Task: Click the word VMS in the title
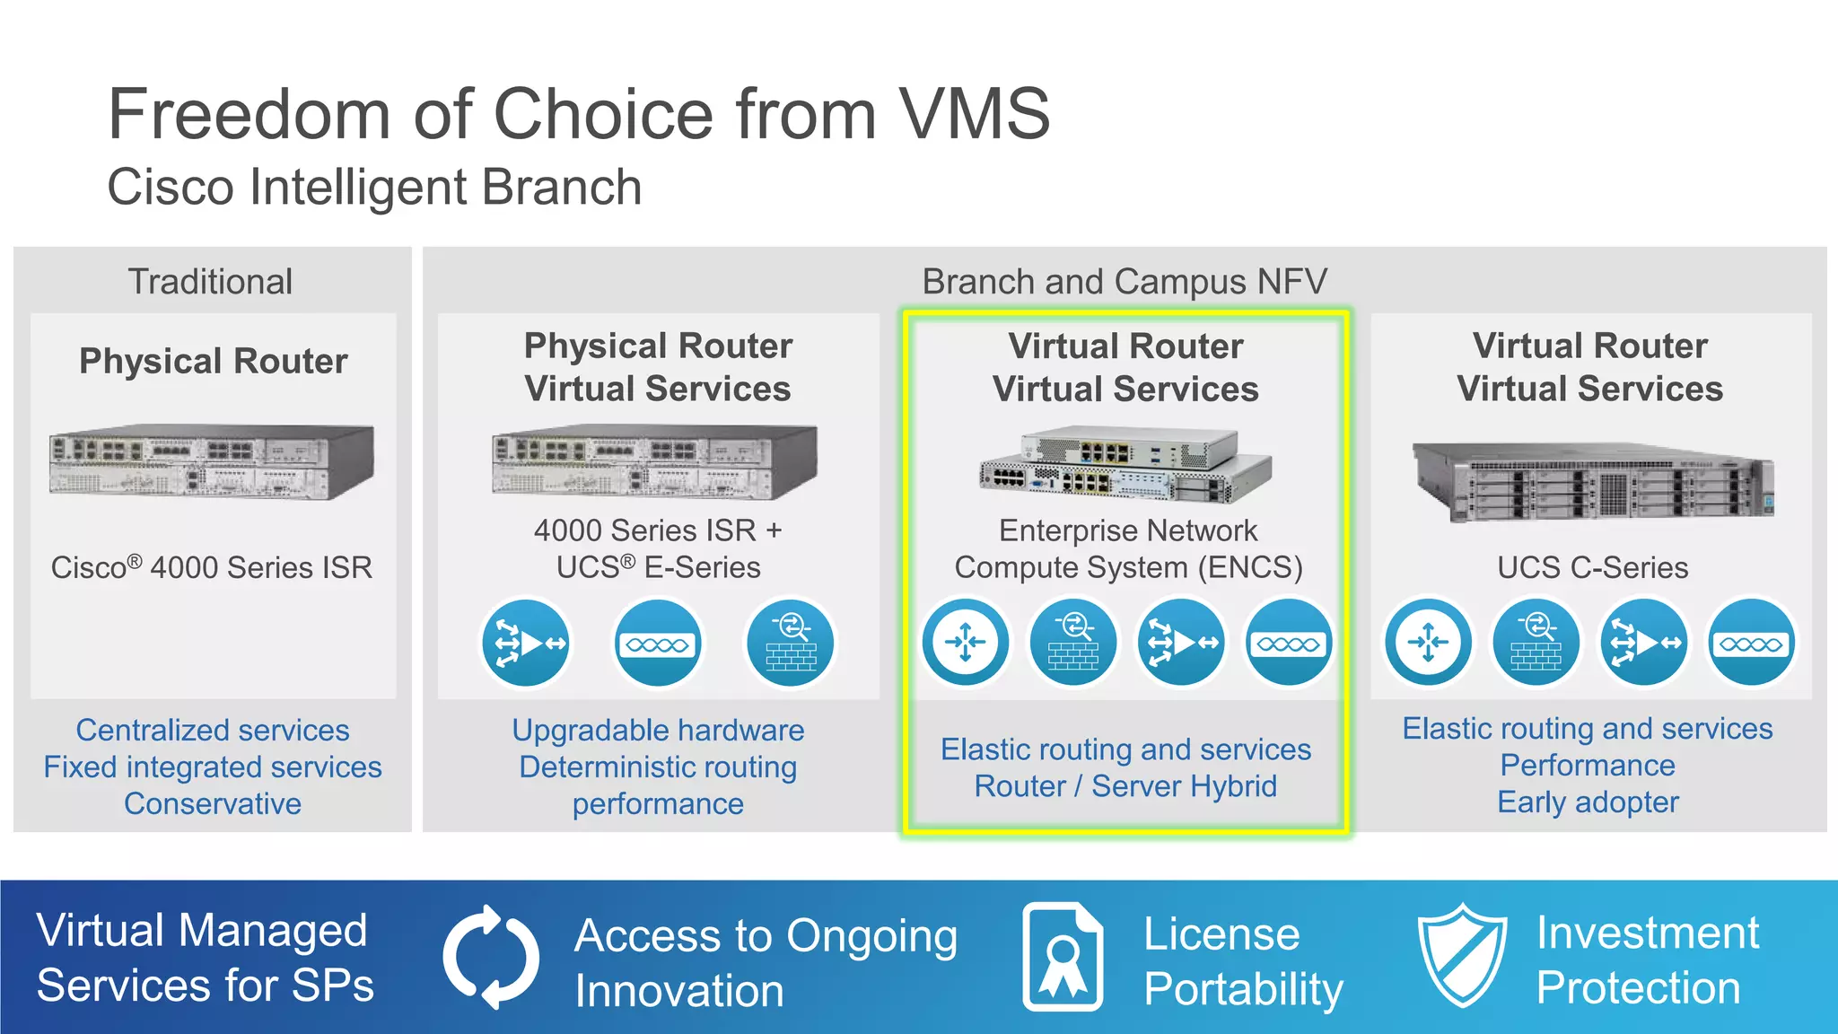(974, 114)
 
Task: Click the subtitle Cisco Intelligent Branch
(374, 187)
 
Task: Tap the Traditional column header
(211, 281)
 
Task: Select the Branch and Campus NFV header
(1124, 281)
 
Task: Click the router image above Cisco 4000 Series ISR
(212, 461)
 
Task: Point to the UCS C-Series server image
(1592, 482)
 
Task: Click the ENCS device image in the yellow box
(1125, 465)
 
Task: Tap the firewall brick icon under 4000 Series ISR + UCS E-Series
(791, 644)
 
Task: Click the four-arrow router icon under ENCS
(966, 643)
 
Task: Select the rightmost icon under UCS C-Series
(1751, 643)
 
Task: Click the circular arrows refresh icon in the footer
(490, 957)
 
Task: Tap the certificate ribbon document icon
(1063, 957)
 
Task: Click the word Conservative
(213, 803)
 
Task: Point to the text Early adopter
(1588, 802)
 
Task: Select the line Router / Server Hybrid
(1125, 786)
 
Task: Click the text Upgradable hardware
(658, 730)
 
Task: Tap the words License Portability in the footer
(1242, 961)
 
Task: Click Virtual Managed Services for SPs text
(205, 958)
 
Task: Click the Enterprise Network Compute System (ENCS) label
(1128, 548)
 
